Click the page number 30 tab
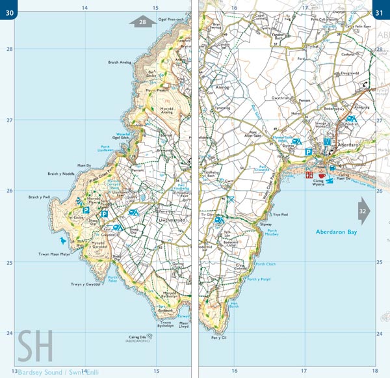click(8, 7)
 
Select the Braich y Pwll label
click(40, 196)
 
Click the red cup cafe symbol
click(320, 175)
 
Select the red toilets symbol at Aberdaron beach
click(309, 175)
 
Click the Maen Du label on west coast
click(83, 165)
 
